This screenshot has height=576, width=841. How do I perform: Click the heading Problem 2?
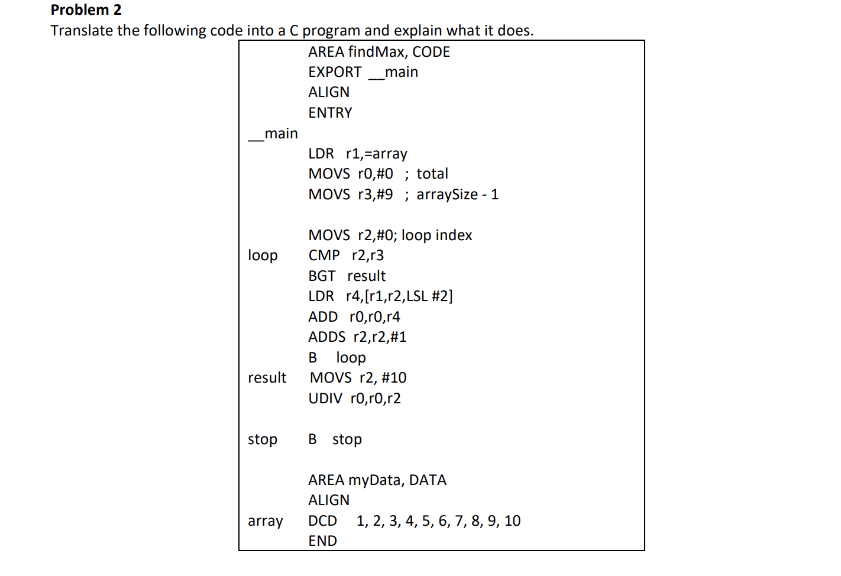coord(86,10)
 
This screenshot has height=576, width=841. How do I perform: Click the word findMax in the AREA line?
coord(377,52)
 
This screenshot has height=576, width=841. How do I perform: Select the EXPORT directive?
coord(335,72)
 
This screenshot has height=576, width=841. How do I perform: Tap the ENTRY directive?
coord(330,113)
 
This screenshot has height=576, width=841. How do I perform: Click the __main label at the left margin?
coord(273,134)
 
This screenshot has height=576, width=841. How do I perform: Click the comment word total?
coord(432,174)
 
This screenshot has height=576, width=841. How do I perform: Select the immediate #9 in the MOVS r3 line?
coord(384,195)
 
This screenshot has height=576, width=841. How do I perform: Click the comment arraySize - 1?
coord(457,195)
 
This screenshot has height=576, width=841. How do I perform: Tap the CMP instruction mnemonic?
coord(324,255)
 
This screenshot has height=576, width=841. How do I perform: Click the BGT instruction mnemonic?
coord(322,276)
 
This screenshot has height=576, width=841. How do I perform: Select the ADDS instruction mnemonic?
coord(326,337)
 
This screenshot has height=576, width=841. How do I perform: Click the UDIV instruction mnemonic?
coord(325,399)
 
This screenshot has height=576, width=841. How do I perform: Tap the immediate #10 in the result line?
coord(394,378)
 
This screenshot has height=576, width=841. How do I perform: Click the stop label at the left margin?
coord(263,439)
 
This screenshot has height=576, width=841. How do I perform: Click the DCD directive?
coord(322,521)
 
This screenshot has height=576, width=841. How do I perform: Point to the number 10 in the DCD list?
coord(512,521)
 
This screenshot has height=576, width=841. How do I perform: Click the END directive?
coord(322,541)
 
